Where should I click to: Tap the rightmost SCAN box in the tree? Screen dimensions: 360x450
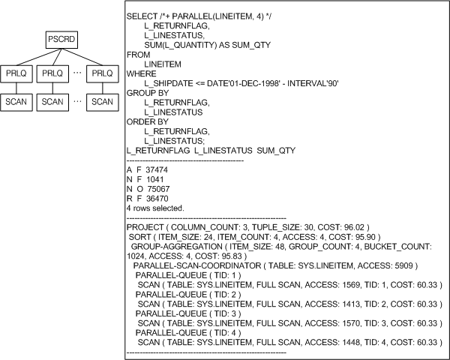(x=102, y=101)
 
